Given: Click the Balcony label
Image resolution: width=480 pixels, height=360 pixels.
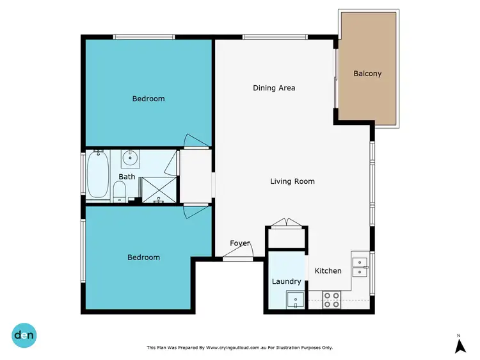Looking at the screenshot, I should coord(367,74).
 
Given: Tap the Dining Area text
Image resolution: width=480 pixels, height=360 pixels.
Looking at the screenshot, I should coord(274,88).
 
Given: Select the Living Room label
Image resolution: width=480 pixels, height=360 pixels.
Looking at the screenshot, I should coord(292,181).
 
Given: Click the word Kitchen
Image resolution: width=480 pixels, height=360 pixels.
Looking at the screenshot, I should coord(328,271).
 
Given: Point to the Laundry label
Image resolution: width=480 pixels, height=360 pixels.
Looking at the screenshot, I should coord(286,281).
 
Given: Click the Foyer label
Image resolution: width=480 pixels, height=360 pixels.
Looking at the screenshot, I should coord(240,243).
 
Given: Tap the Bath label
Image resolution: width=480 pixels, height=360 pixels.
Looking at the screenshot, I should coord(127,177).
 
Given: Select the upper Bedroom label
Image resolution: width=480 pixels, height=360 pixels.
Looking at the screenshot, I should coord(148,99).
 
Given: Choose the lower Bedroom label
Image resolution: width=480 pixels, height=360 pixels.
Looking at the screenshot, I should coord(143,258).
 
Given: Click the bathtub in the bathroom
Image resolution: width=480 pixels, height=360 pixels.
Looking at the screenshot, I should coord(99,175).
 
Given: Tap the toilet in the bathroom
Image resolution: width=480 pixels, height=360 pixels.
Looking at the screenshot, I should coord(119,191).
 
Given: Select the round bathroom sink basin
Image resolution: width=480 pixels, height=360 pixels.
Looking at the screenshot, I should coord(130,157).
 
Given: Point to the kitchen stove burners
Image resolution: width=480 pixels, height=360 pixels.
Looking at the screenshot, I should coord(332,300).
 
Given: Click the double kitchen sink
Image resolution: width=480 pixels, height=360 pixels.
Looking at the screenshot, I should coord(360,266).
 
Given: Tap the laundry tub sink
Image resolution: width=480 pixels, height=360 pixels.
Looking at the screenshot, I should coord(294,299).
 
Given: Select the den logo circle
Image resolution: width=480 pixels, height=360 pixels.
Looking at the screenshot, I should coord(24,334).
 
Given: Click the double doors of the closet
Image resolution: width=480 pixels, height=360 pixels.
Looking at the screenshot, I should coord(286,222).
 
